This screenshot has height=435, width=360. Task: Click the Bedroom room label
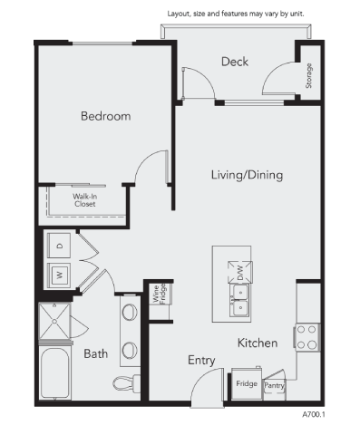pos(105,116)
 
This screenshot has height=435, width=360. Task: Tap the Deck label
pos(234,62)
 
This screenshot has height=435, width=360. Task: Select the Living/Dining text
pos(247,174)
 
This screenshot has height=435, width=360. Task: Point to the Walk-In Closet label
pos(85,199)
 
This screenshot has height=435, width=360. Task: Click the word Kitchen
pos(257,343)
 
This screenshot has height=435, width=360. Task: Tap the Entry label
pos(201,360)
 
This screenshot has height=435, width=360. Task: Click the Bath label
pos(97,353)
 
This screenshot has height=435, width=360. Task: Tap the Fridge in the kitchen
pos(246,383)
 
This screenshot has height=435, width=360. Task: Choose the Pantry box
pos(274,384)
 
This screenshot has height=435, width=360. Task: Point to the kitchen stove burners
pos(306,337)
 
